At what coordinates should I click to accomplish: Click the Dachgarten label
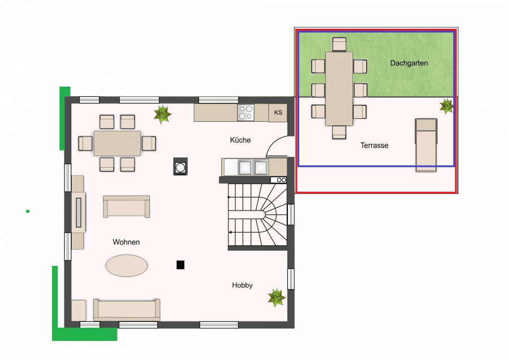pyautogui.click(x=409, y=63)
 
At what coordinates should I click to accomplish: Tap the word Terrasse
pyautogui.click(x=374, y=145)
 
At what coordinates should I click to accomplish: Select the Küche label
pyautogui.click(x=240, y=140)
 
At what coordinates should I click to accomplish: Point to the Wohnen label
pyautogui.click(x=126, y=242)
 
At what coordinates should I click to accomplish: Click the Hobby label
pyautogui.click(x=242, y=285)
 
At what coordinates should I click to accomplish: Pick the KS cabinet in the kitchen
pyautogui.click(x=278, y=113)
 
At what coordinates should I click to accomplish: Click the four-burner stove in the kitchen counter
pyautogui.click(x=245, y=113)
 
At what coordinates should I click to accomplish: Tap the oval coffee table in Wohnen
pyautogui.click(x=127, y=265)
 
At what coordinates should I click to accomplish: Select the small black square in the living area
pyautogui.click(x=180, y=265)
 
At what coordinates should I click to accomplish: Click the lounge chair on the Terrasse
pyautogui.click(x=426, y=145)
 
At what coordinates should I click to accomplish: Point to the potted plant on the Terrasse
pyautogui.click(x=446, y=106)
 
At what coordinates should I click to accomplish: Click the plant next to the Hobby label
pyautogui.click(x=276, y=298)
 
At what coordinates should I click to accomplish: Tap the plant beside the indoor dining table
pyautogui.click(x=162, y=114)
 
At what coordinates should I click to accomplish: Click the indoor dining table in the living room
pyautogui.click(x=117, y=143)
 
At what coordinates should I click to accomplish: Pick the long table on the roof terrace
pyautogui.click(x=339, y=88)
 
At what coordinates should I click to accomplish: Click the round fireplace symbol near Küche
pyautogui.click(x=180, y=166)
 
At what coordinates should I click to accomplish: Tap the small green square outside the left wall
pyautogui.click(x=28, y=211)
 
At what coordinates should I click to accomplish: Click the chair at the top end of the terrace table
pyautogui.click(x=339, y=44)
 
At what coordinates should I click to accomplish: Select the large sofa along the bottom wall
pyautogui.click(x=127, y=310)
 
